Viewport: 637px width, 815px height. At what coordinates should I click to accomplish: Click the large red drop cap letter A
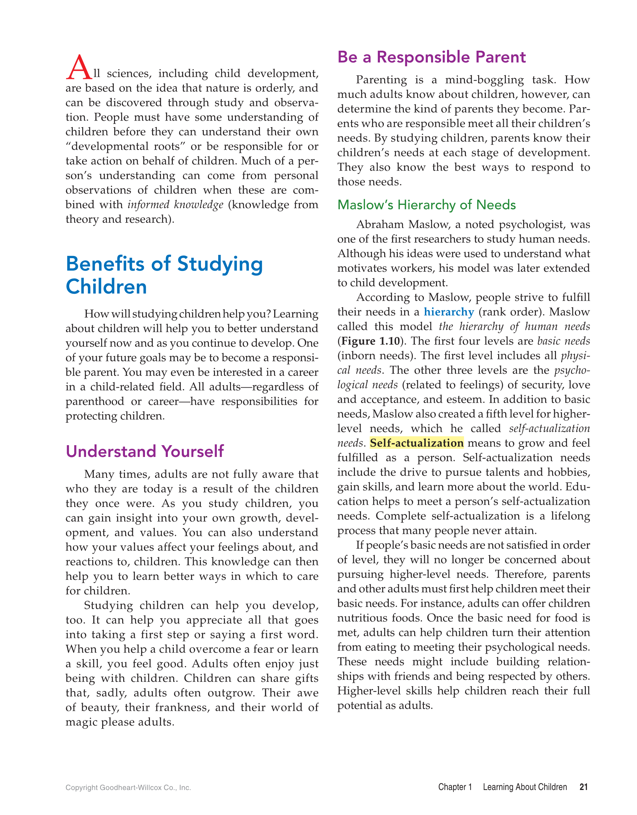tap(79, 67)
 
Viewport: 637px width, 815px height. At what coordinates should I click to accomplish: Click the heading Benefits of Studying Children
tap(164, 275)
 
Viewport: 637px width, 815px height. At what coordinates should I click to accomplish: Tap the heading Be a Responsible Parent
tap(431, 57)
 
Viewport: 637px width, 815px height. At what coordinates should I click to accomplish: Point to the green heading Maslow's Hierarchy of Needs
tap(426, 205)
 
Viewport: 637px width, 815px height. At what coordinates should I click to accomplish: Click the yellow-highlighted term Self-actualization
tap(416, 443)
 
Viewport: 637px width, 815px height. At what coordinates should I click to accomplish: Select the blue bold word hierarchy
tap(448, 312)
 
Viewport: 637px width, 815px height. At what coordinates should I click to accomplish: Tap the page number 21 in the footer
tap(584, 787)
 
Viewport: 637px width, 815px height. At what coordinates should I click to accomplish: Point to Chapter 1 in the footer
tap(455, 787)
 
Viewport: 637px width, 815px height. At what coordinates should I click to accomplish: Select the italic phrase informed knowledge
tap(175, 205)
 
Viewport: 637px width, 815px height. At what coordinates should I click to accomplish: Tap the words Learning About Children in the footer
tap(525, 787)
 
